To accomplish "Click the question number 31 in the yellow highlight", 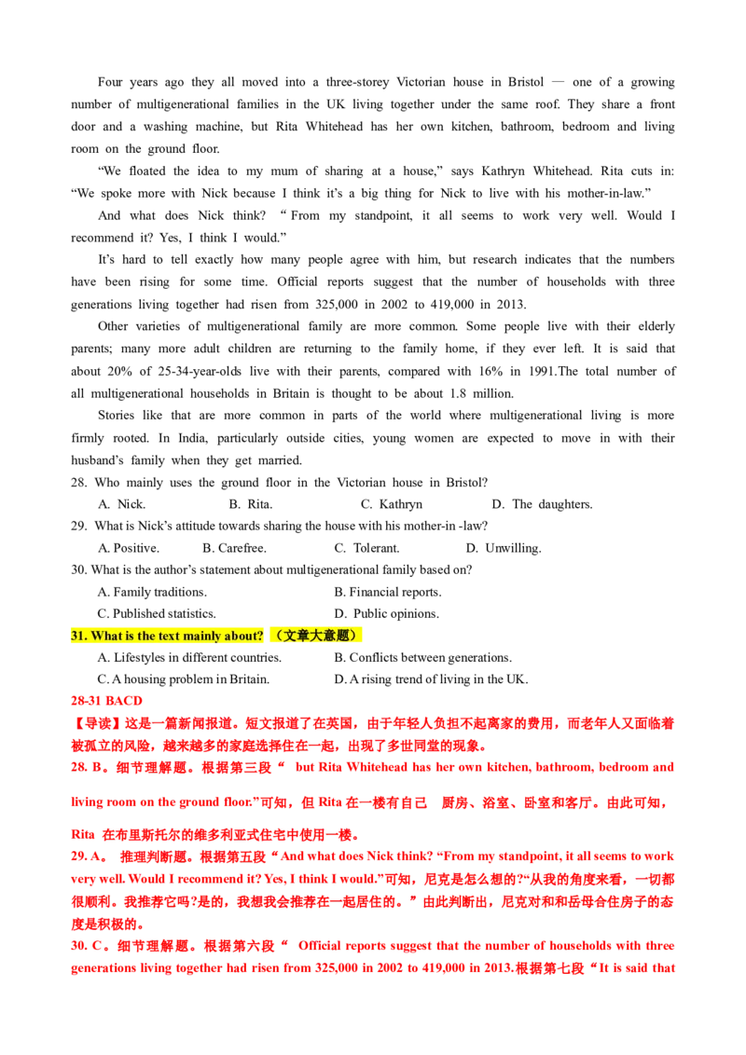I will [77, 637].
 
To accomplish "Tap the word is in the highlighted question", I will [131, 637].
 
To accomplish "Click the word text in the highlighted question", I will [173, 637].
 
